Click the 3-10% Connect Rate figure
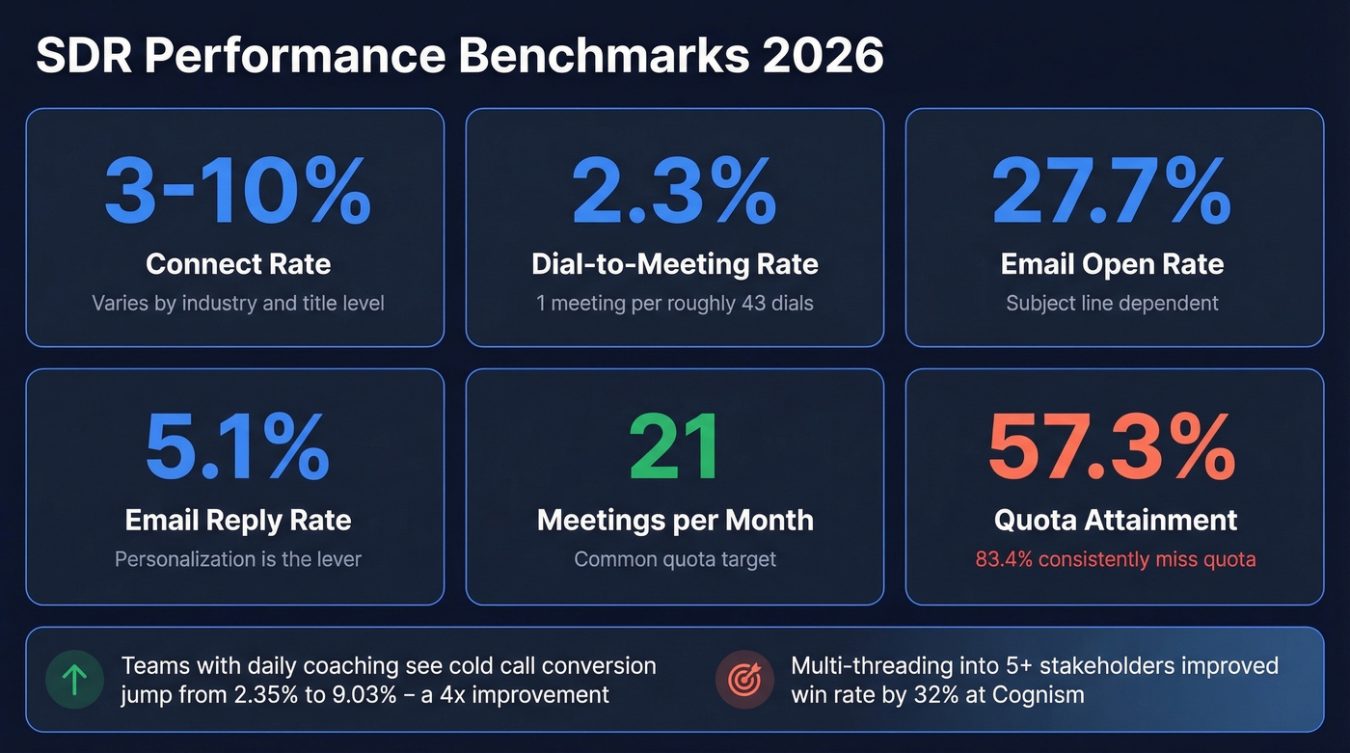point(237,191)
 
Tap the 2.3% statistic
point(674,191)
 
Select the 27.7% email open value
point(1112,191)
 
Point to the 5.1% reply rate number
point(237,447)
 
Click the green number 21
point(674,447)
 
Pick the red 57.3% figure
point(1112,447)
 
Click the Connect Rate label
point(237,264)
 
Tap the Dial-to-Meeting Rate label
point(674,264)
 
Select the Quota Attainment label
point(1116,521)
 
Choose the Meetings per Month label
point(675,521)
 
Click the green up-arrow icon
point(74,680)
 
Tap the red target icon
point(743,680)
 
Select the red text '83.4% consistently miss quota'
point(1116,559)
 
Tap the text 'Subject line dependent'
point(1112,304)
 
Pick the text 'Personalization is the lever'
point(237,559)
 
